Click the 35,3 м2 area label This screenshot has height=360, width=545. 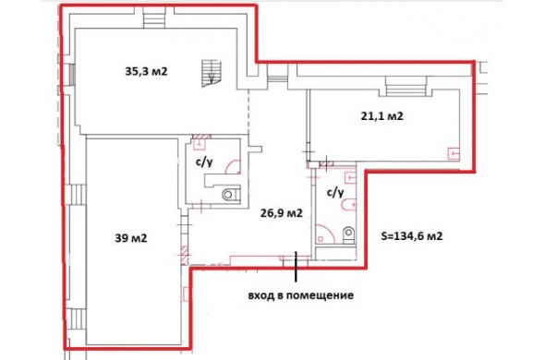click(146, 72)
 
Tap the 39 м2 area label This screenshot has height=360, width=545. click(130, 238)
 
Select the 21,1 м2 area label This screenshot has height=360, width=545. click(382, 115)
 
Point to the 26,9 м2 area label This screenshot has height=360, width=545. click(281, 213)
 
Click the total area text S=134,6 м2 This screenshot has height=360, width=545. click(412, 236)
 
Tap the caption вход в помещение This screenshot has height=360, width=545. click(300, 295)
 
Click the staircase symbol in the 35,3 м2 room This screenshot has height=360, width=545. click(211, 73)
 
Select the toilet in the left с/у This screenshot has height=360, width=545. click(231, 194)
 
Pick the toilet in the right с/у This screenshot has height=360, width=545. click(348, 234)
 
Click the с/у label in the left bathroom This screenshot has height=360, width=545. click(203, 162)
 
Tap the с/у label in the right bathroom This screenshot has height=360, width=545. click(335, 192)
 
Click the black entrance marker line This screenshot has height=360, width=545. click(296, 267)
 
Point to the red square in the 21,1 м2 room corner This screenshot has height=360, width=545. click(454, 153)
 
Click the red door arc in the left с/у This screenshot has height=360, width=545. click(232, 166)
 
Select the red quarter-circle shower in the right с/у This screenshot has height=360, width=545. click(325, 234)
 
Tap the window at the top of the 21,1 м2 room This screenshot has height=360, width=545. click(406, 86)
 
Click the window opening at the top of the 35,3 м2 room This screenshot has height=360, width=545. click(154, 17)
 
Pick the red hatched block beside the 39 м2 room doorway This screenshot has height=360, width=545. click(185, 255)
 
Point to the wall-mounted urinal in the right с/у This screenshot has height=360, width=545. click(349, 205)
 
